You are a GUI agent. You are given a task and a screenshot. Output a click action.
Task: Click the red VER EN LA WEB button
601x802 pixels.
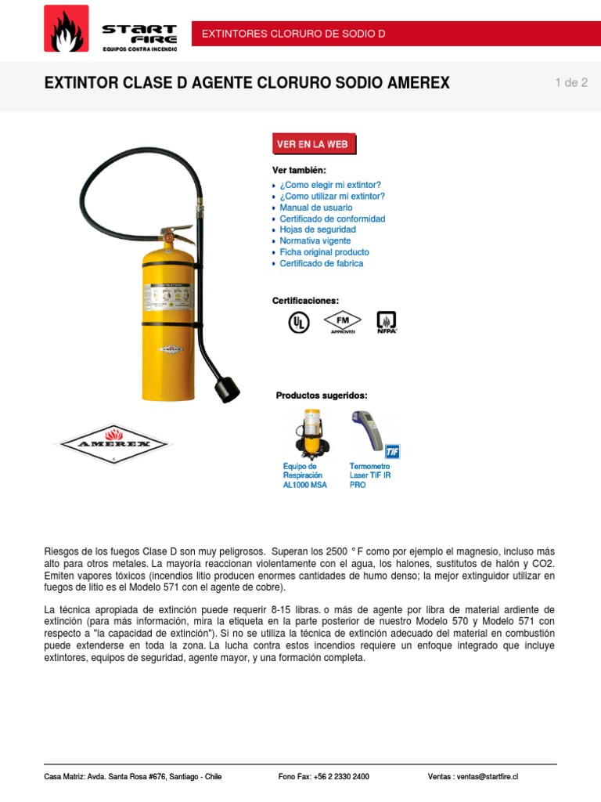click(x=315, y=144)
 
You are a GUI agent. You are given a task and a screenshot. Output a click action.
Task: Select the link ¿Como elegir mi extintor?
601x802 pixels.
click(x=330, y=186)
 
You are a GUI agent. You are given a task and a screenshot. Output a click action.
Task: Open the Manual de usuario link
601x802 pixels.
click(x=316, y=208)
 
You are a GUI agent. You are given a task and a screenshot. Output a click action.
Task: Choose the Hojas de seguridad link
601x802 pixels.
click(x=318, y=229)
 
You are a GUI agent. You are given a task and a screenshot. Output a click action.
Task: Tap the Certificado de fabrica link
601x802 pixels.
click(x=322, y=263)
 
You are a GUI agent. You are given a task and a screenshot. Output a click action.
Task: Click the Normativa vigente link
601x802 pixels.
click(x=315, y=241)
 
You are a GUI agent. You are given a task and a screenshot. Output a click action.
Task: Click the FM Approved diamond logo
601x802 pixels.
click(x=342, y=322)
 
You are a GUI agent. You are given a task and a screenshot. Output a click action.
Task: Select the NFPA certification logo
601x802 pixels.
click(x=387, y=322)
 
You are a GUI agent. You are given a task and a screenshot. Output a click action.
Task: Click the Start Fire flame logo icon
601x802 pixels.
click(x=67, y=29)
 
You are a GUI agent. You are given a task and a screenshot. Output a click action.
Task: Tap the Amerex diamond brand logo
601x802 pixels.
click(x=113, y=443)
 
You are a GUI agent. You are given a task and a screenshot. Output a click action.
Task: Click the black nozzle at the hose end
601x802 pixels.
click(x=227, y=388)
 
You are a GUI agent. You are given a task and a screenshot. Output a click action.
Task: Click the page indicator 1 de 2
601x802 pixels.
click(x=570, y=83)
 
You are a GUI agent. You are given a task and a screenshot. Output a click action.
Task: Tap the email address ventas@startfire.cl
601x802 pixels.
click(x=488, y=777)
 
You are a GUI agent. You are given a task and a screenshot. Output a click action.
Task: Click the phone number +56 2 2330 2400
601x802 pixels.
click(x=340, y=777)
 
